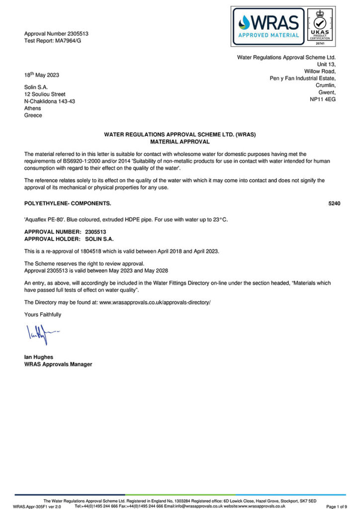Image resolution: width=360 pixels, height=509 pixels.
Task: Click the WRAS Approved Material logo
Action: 268,26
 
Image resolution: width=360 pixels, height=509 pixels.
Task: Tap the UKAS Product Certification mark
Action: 320,26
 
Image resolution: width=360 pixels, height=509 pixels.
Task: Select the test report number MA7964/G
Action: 70,40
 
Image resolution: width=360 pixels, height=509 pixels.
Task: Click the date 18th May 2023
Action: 42,75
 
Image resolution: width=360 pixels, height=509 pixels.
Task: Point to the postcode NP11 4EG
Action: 323,99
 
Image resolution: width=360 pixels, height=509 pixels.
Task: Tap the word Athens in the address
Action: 33,108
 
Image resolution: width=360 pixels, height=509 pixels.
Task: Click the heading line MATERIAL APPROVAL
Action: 180,142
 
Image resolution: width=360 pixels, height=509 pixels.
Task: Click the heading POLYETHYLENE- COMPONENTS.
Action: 68,204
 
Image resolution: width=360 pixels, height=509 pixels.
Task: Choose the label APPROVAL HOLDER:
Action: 52,238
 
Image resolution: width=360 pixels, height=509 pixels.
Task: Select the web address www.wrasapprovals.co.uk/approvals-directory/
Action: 155,302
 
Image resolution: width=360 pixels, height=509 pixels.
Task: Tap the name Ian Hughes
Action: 39,357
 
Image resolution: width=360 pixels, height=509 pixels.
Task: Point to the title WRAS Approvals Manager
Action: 58,364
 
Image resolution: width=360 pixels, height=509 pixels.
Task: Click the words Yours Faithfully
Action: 43,315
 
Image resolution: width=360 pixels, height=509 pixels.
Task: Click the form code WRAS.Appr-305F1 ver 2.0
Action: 37,506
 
